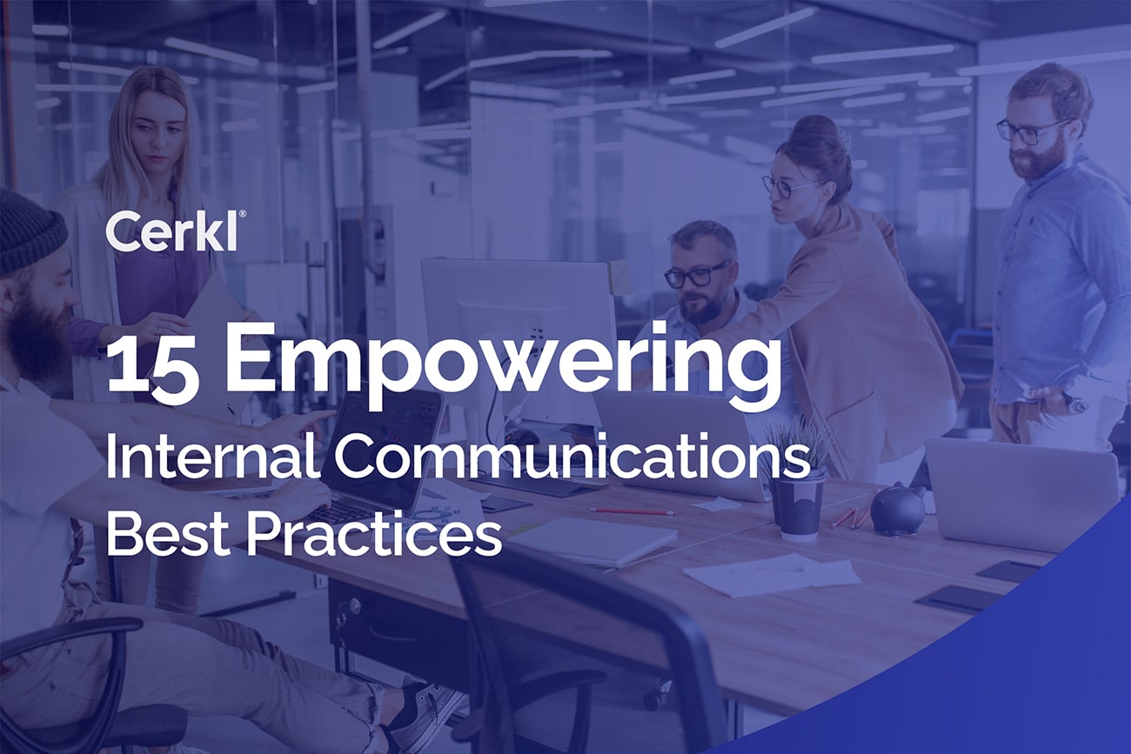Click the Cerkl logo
coord(174,231)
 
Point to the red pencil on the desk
coord(632,510)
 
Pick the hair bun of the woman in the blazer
coord(813,130)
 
